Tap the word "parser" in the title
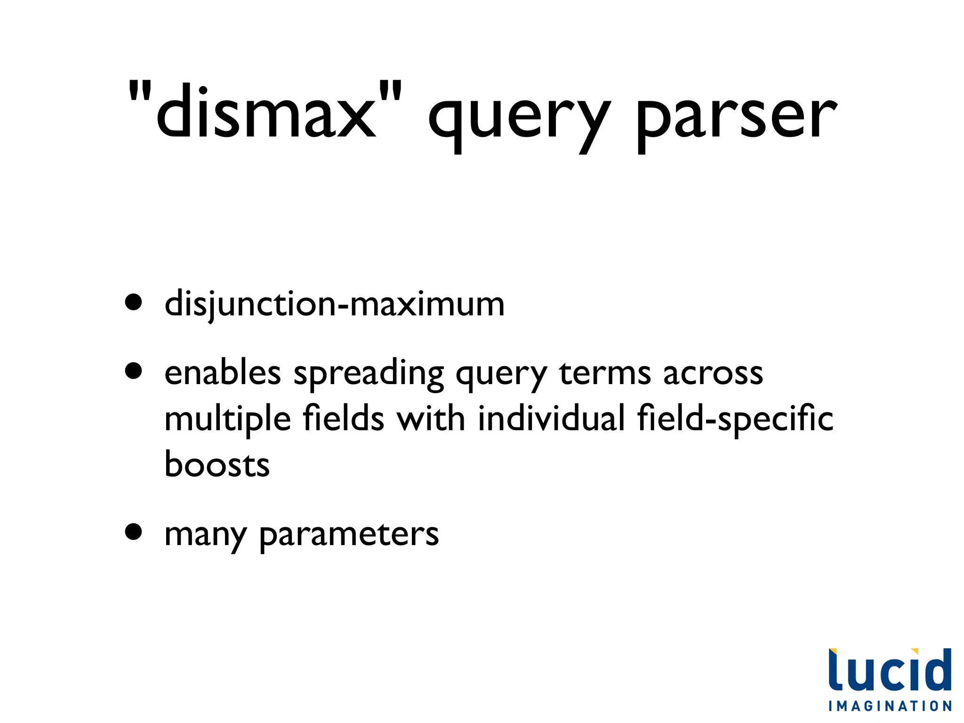(x=736, y=118)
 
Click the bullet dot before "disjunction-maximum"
(x=134, y=303)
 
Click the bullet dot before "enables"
(x=134, y=370)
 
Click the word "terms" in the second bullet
(x=605, y=373)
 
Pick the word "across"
(x=713, y=373)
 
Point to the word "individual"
(x=551, y=418)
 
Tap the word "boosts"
(x=217, y=464)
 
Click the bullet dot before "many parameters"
(x=134, y=532)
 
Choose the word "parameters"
(x=349, y=536)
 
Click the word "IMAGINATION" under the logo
(x=890, y=706)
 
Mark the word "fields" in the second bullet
(x=343, y=418)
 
